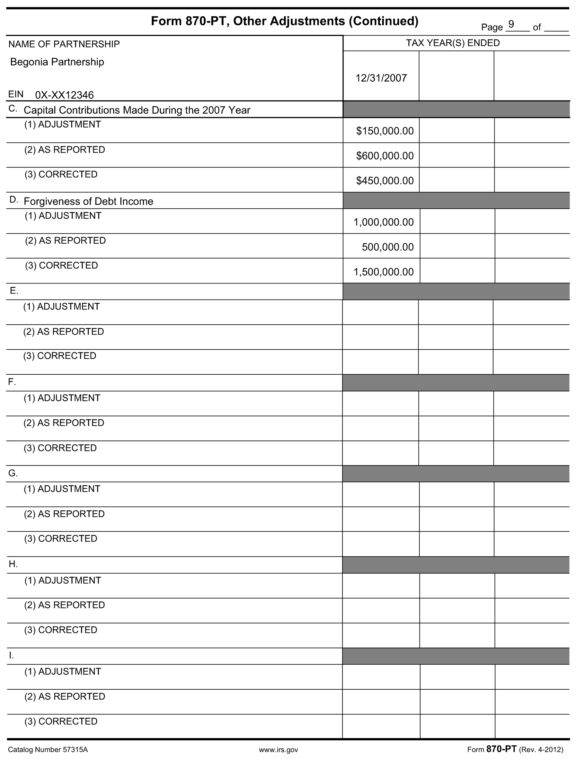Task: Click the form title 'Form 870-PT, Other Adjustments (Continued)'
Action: pyautogui.click(x=285, y=21)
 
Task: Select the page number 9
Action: pyautogui.click(x=511, y=24)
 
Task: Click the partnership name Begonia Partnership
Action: pyautogui.click(x=57, y=62)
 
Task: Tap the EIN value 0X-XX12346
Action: pyautogui.click(x=64, y=95)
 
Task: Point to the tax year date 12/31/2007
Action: pyautogui.click(x=381, y=78)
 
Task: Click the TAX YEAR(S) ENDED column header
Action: pyautogui.click(x=453, y=43)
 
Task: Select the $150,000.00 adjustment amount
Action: pyautogui.click(x=385, y=131)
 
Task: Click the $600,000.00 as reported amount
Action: pyautogui.click(x=385, y=156)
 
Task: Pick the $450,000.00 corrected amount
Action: pyautogui.click(x=385, y=180)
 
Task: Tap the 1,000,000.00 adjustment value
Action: pyautogui.click(x=384, y=222)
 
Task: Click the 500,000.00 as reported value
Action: pyautogui.click(x=387, y=247)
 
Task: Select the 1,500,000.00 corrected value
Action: pyautogui.click(x=384, y=272)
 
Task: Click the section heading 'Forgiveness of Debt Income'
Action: pyautogui.click(x=88, y=201)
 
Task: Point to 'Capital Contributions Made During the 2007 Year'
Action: pyautogui.click(x=137, y=110)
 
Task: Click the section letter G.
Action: pyautogui.click(x=13, y=474)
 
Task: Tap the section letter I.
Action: pyautogui.click(x=11, y=656)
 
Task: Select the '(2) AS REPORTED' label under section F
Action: pyautogui.click(x=64, y=423)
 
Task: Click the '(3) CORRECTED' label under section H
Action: pyautogui.click(x=60, y=630)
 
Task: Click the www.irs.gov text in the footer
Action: pyautogui.click(x=279, y=750)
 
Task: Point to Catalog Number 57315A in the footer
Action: pyautogui.click(x=48, y=750)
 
